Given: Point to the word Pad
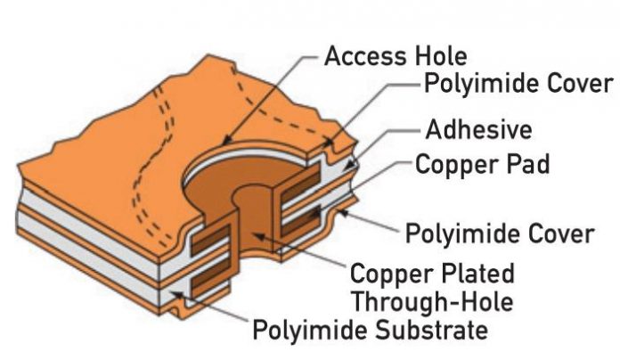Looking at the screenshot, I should [x=526, y=165].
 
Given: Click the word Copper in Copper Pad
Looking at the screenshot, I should [x=454, y=165].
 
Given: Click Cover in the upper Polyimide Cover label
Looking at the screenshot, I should [x=579, y=85].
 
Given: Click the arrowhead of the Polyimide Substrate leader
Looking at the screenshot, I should [x=175, y=288].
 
